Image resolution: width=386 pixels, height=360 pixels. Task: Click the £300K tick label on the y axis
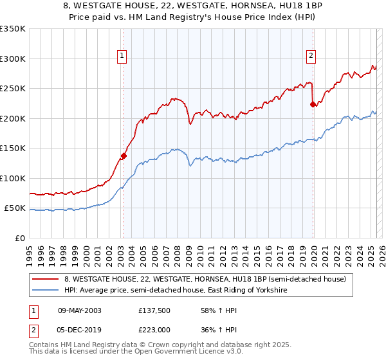[x=12, y=59]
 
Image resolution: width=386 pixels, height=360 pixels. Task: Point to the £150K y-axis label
[x=12, y=148]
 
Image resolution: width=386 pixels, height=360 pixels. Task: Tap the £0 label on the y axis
[x=20, y=238]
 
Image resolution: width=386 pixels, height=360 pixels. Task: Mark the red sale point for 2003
[x=124, y=155]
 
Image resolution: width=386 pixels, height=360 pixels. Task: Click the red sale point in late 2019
[x=313, y=104]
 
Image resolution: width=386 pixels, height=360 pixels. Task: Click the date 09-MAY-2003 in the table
[x=80, y=310]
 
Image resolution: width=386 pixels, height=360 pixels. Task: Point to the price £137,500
[x=154, y=310]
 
